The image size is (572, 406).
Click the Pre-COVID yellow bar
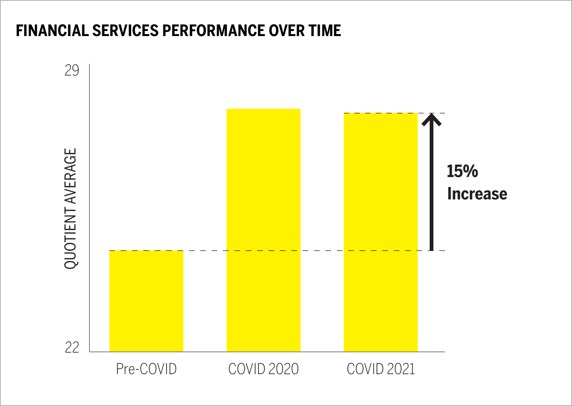pos(146,301)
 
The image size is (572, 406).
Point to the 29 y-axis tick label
pos(72,71)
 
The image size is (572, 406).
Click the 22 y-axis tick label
pos(72,347)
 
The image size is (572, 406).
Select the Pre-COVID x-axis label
pos(146,369)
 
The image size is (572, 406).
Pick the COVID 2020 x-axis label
pos(263,369)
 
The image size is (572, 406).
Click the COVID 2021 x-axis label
pos(380,369)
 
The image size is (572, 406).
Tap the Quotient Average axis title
pos(71,208)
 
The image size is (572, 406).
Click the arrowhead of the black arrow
pos(431,118)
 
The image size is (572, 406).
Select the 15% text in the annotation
pos(462,171)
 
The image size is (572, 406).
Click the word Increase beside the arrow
pos(477,194)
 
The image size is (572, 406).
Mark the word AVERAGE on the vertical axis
pos(71,176)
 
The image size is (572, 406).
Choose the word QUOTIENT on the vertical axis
pos(71,239)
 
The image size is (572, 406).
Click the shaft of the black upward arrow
pos(431,188)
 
